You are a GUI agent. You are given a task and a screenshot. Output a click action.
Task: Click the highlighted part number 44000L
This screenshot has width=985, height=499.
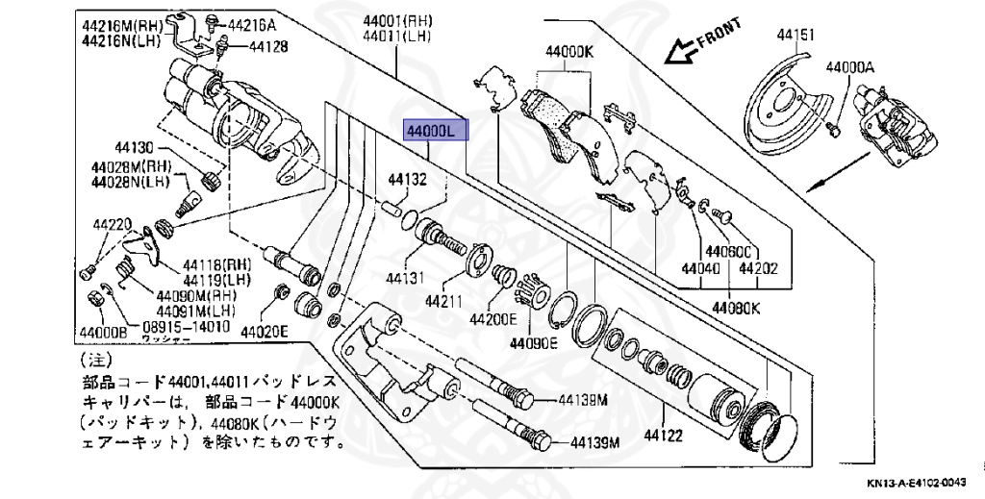click(435, 130)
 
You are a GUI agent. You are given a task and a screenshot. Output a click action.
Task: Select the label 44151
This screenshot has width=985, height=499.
click(796, 36)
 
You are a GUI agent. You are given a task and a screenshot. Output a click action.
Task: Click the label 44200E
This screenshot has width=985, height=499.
click(492, 318)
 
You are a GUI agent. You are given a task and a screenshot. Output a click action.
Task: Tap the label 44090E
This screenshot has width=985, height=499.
click(533, 342)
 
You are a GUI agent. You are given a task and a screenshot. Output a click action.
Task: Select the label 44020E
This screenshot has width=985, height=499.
click(264, 333)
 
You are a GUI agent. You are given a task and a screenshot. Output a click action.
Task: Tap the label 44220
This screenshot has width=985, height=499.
click(112, 225)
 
